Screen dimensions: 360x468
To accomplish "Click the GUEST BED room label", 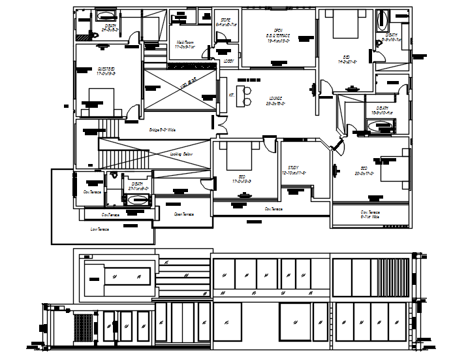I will pyautogui.click(x=106, y=70).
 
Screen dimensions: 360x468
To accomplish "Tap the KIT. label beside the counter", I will pyautogui.click(x=232, y=95).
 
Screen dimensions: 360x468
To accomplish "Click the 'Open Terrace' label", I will pyautogui.click(x=183, y=214).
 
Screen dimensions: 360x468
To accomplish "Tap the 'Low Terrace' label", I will pyautogui.click(x=100, y=229).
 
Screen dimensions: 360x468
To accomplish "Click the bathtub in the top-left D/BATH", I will pyautogui.click(x=106, y=14).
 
